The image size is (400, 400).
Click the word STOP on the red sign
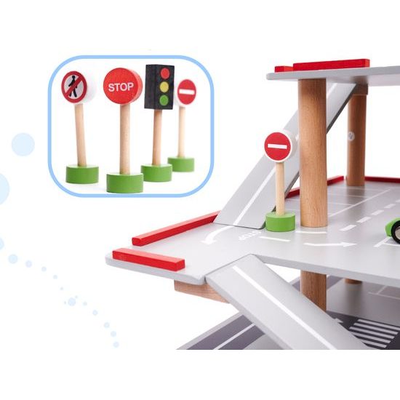[x=121, y=87]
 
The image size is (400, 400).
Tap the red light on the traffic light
[x=165, y=73]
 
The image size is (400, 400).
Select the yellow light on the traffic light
[x=164, y=87]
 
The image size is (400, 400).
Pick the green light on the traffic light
[x=164, y=100]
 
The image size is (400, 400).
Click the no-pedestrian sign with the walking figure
[x=74, y=87]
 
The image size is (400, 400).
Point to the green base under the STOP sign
[x=125, y=183]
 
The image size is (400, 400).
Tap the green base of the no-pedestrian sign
[x=82, y=175]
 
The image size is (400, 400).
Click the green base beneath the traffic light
[x=156, y=172]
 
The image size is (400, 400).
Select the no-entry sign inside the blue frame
[x=186, y=92]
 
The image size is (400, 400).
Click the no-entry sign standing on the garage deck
[x=278, y=147]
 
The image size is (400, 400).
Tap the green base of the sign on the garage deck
[x=280, y=222]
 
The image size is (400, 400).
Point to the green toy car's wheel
[x=396, y=233]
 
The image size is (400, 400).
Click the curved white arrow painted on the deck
[x=216, y=234]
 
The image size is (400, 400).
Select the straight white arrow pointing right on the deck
[x=329, y=244]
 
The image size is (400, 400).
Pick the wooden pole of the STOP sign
[x=125, y=139]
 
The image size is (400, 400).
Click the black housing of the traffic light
[x=159, y=87]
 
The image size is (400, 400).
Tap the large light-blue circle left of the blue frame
[x=23, y=145]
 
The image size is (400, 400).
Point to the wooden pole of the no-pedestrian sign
[x=81, y=135]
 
